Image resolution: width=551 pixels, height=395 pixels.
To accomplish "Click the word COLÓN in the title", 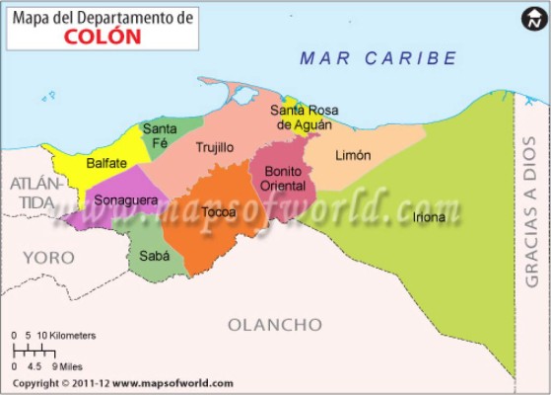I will [103, 36].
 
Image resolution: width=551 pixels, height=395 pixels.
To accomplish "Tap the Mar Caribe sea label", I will [379, 58].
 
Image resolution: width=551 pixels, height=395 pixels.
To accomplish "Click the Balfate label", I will [105, 163].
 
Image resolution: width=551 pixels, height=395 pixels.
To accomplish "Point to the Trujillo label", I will [214, 147].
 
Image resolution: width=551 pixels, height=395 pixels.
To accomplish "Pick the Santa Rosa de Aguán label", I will [302, 118].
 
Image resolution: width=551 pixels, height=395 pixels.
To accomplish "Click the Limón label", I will [353, 155].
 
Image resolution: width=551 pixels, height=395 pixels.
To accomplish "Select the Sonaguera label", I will [125, 200].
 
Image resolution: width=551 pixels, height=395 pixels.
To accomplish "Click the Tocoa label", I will [218, 212].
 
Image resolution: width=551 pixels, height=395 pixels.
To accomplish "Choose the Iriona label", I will [429, 217].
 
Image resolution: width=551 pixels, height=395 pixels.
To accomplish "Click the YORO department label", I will [48, 258].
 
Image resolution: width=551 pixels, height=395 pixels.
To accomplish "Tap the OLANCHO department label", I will [275, 325].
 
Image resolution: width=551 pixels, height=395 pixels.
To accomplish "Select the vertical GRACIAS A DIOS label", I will [531, 197].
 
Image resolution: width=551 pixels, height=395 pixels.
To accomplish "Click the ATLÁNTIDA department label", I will [36, 193].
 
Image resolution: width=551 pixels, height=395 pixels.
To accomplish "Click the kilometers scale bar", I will [41, 350].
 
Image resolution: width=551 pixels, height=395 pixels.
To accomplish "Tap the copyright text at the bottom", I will [123, 383].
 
